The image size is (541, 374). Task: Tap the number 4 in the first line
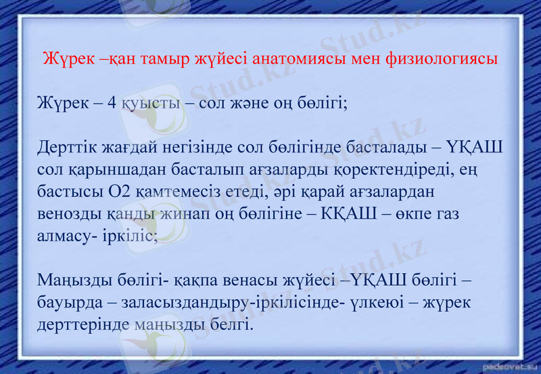(112, 104)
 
